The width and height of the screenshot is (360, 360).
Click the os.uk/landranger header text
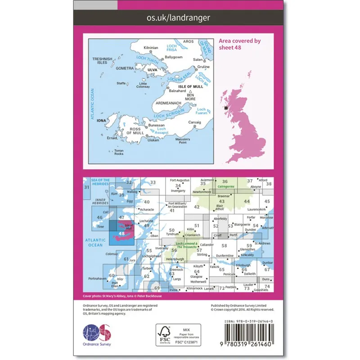click(179, 18)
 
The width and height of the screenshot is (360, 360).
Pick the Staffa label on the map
click(120, 83)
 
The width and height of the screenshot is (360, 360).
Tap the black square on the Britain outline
click(226, 108)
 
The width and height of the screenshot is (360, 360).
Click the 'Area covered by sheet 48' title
click(240, 43)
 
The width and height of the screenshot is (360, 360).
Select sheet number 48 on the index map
click(122, 233)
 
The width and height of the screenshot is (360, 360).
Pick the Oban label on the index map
click(155, 235)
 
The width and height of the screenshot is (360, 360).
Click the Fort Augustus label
click(179, 180)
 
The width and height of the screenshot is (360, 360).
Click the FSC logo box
click(179, 335)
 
